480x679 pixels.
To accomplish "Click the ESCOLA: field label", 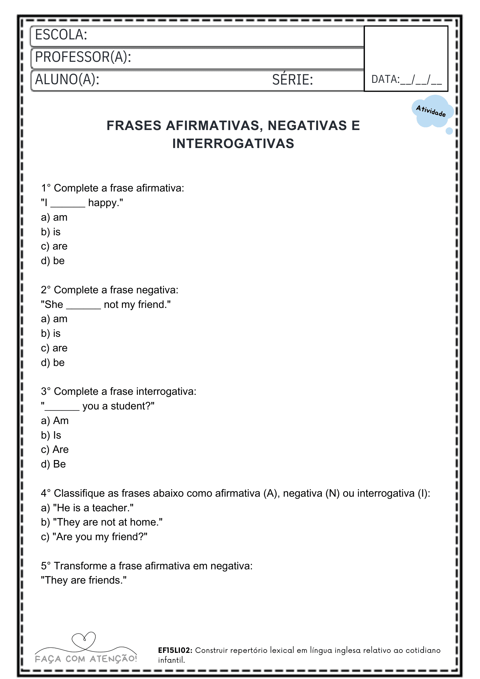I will coord(61,35).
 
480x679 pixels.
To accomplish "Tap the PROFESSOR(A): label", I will coord(83,57).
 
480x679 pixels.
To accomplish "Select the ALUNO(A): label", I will coord(67,80).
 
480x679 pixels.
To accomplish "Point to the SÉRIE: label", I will coord(292,80).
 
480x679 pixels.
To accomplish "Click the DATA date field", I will coord(406,80).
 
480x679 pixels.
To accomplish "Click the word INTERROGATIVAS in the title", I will coord(233,144).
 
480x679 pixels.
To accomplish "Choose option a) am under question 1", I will coord(54,217).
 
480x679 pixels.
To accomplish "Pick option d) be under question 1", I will coord(53,261).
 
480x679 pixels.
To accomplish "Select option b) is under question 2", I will coord(51,333).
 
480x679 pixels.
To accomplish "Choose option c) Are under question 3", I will coord(55,449).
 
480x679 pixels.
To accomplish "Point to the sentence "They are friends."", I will coord(84,580).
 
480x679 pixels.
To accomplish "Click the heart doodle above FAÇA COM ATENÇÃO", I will coord(84,640).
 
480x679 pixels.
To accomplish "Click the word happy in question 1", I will coord(103,203).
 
